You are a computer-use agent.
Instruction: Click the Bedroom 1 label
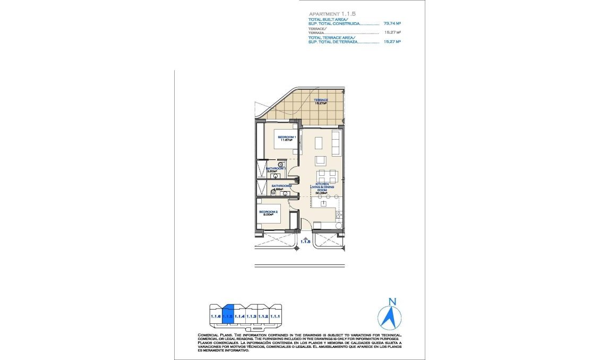pos(286,139)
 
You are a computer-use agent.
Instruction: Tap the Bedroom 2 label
pos(268,213)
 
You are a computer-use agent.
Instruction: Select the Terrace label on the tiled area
pos(320,101)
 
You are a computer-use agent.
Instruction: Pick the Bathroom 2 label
pos(281,187)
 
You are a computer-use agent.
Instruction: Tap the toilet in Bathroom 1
pos(281,165)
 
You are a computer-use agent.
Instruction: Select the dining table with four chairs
pos(325,176)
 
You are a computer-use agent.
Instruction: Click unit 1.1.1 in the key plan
pos(275,316)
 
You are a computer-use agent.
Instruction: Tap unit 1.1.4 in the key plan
pos(239,316)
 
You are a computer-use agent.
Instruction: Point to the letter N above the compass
pos(392,302)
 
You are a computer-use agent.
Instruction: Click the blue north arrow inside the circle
pos(389,318)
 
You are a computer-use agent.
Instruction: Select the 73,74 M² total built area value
pos(392,24)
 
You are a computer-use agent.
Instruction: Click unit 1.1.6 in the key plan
pos(216,316)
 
